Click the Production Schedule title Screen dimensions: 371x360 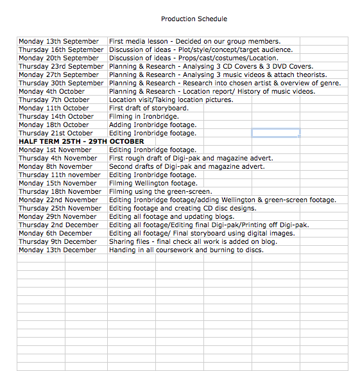pyautogui.click(x=194, y=19)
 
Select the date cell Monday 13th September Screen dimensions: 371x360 pyautogui.click(x=58, y=42)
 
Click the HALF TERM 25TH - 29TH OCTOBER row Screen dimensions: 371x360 pyautogui.click(x=81, y=141)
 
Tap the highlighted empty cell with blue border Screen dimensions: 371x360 pyautogui.click(x=275, y=133)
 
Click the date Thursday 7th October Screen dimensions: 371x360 pyautogui.click(x=54, y=100)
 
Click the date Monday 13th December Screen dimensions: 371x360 pyautogui.click(x=57, y=250)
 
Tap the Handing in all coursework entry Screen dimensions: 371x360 pyautogui.click(x=186, y=250)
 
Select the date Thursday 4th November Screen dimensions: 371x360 pyautogui.click(x=58, y=159)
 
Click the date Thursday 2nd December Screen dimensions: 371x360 pyautogui.click(x=58, y=225)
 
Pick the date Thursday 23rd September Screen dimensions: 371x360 pyautogui.click(x=61, y=67)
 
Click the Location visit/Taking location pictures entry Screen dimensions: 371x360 pyautogui.click(x=171, y=100)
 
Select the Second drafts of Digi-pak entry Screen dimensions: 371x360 pyautogui.click(x=186, y=167)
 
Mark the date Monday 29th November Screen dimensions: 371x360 pyautogui.click(x=58, y=217)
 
